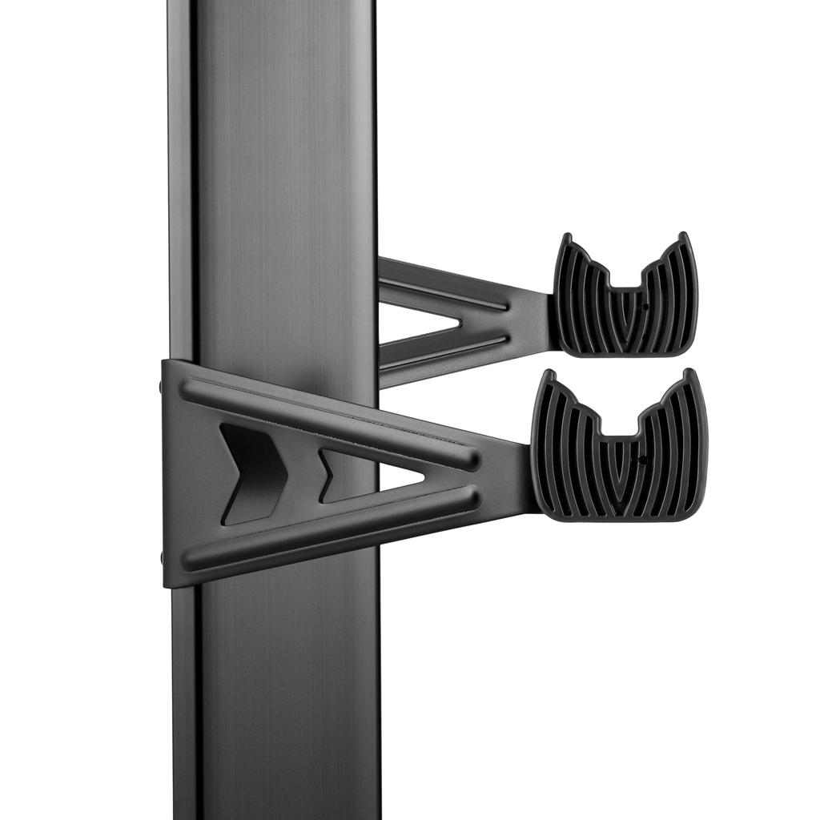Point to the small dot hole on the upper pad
[x=645, y=305]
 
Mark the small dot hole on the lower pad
[x=642, y=460]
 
